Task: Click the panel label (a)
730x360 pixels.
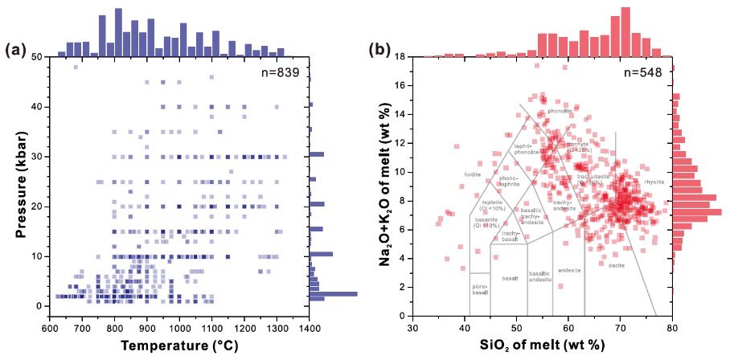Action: pos(16,51)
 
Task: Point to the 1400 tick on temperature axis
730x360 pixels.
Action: pos(310,329)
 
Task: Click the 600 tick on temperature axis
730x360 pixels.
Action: pos(50,329)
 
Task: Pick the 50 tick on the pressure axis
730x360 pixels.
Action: pos(37,57)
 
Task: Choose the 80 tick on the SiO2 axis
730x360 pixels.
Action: pos(671,329)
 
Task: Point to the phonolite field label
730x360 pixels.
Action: pos(559,111)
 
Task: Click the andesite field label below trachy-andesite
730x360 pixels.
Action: pos(568,270)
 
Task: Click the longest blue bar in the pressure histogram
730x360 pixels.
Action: pos(333,293)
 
